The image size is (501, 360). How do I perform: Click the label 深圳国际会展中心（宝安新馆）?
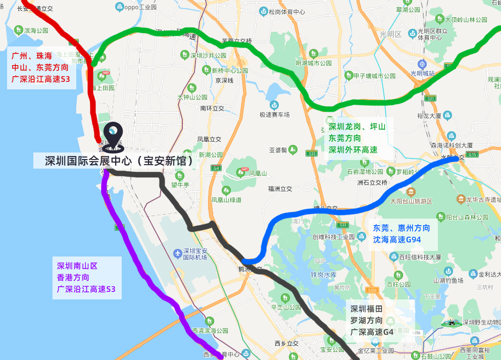pos(119,162)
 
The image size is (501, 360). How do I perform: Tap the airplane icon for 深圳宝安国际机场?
pos(177,252)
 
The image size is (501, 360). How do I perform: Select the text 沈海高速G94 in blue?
pos(397,239)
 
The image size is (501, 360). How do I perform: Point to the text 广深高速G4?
pos(372,332)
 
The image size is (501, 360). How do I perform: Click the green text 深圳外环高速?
pos(353,149)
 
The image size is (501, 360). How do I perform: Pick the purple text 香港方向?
pos(73,277)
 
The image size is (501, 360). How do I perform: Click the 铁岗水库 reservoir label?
pos(323,275)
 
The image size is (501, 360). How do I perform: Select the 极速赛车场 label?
pos(275,115)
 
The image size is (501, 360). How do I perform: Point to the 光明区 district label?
pos(390,34)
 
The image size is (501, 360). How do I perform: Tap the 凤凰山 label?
pos(258,173)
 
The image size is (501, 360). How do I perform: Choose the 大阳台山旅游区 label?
pos(412,201)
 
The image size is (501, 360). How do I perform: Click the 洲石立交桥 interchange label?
pos(372,182)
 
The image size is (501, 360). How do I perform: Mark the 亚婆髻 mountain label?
pos(278,150)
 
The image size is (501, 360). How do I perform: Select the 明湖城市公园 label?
pos(314,63)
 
